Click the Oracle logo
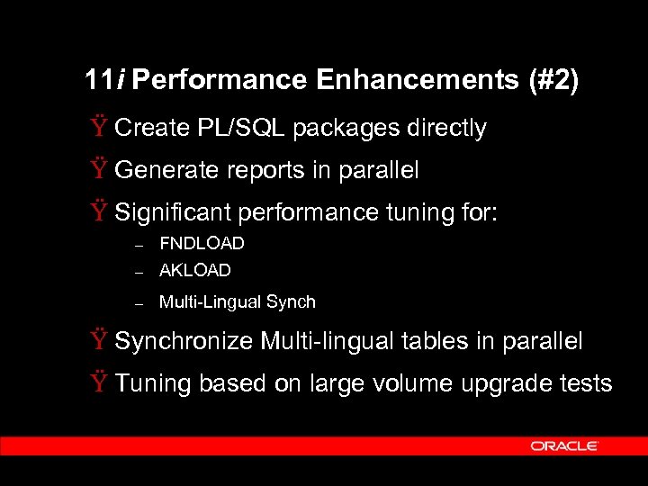pos(564,445)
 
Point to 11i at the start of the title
pos(106,81)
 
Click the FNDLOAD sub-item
pos(202,244)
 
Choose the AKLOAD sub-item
pos(195,270)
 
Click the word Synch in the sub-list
pos(293,302)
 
